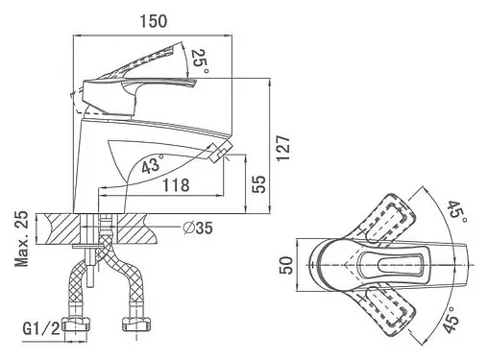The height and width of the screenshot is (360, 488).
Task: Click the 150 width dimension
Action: pyautogui.click(x=154, y=21)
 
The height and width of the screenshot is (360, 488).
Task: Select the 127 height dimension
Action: pyautogui.click(x=283, y=148)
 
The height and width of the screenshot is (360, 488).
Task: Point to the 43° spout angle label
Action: pyautogui.click(x=153, y=164)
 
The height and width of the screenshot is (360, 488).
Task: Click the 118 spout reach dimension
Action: pyautogui.click(x=176, y=185)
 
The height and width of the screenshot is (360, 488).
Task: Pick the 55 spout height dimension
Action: pyautogui.click(x=258, y=184)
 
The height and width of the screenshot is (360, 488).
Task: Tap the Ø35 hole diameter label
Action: pyautogui.click(x=198, y=228)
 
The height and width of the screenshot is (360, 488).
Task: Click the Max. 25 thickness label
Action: pyautogui.click(x=22, y=239)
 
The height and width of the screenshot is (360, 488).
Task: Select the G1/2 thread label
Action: pyautogui.click(x=41, y=328)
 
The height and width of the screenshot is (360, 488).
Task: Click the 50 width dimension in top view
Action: pyautogui.click(x=286, y=265)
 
